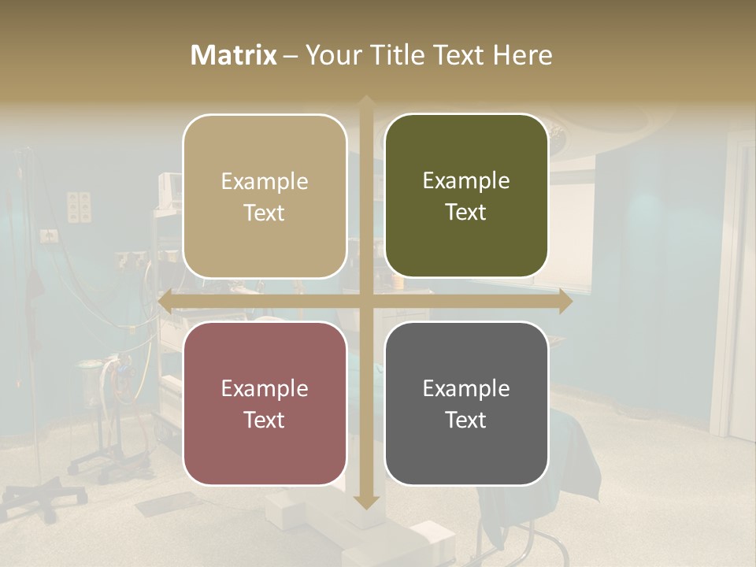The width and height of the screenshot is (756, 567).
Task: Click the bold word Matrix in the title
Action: point(233,55)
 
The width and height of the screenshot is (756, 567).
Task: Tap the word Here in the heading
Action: point(522,55)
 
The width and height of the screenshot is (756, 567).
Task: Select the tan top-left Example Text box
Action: point(265,196)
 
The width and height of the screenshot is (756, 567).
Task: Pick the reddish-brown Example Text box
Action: point(265,403)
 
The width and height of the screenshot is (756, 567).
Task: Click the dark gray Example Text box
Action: point(466,403)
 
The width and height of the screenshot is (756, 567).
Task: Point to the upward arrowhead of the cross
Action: point(365,102)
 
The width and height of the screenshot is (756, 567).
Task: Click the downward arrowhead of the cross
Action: point(365,502)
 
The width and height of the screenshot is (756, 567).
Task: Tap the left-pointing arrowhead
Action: point(165,302)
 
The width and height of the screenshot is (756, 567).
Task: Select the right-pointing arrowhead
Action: point(565,302)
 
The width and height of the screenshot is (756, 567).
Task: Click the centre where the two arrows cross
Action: point(365,302)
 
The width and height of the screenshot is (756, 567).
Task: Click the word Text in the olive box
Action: point(466,212)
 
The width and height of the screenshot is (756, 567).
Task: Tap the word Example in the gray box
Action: point(466,388)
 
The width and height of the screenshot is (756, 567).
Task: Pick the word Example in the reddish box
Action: point(265,388)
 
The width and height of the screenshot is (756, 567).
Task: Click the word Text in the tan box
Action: point(265,213)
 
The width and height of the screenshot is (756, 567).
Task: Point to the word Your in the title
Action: point(332,55)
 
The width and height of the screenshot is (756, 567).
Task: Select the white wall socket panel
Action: point(79,206)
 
